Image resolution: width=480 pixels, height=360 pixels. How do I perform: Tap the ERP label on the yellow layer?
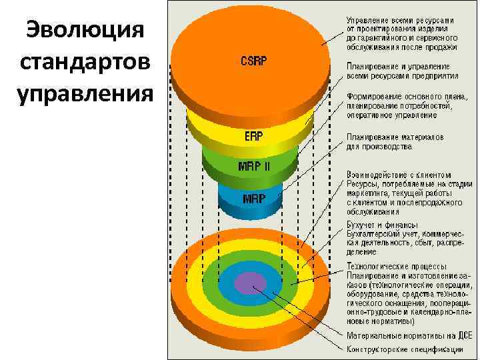(253, 136)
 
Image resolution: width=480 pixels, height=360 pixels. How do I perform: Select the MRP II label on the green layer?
(253, 166)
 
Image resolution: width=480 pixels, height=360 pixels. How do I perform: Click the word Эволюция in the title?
(83, 32)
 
